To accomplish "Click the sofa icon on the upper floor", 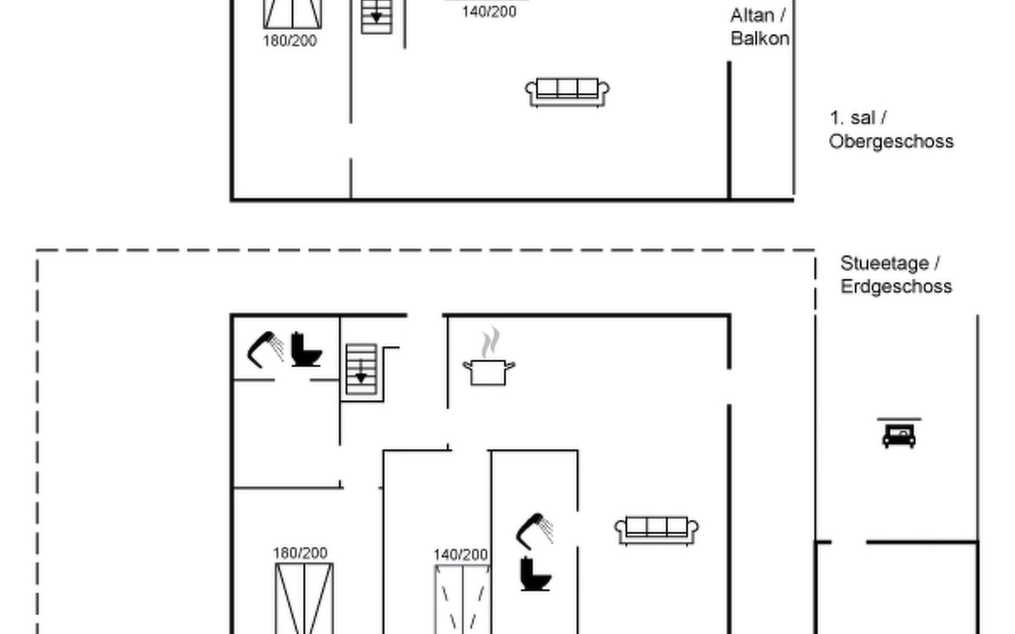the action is tap(567, 92).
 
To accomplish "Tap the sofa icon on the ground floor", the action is tap(656, 530).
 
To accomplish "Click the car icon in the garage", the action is tap(899, 434).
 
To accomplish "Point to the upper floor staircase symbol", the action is tap(376, 17).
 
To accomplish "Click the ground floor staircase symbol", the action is tap(361, 369).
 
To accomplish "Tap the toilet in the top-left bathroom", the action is tap(306, 349).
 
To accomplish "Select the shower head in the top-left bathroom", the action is tap(265, 349).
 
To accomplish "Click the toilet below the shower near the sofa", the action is tap(535, 574).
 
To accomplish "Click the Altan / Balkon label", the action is tap(760, 27).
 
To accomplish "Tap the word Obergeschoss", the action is tap(891, 142).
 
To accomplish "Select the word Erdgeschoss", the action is tap(896, 286).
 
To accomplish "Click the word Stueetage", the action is tap(884, 263).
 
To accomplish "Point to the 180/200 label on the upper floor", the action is tap(290, 41).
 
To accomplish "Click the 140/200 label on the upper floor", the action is tap(489, 12).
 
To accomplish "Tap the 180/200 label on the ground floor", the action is tap(300, 553).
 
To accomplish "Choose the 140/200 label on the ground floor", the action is tap(460, 555).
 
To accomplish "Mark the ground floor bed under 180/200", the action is tap(304, 599).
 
